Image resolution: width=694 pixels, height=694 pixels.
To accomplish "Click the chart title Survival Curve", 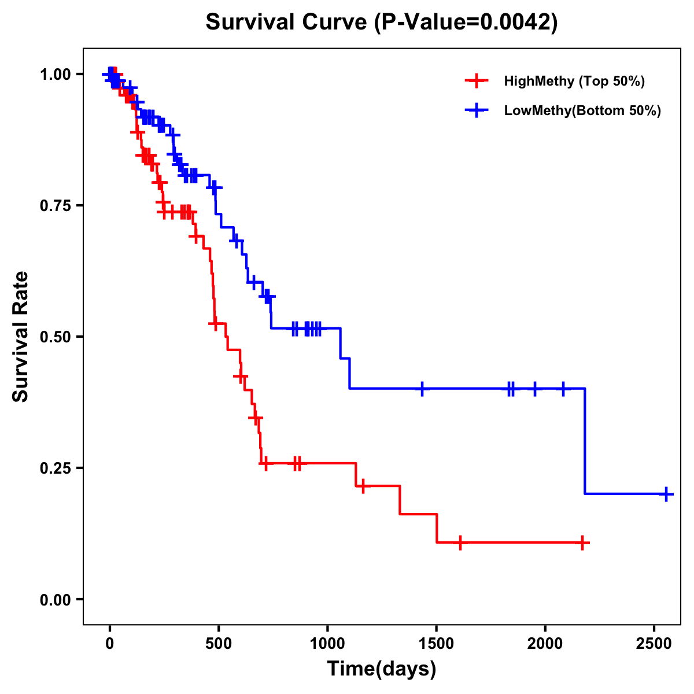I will coord(286,23).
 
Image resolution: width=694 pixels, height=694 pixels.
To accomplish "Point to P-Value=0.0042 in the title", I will coord(466,23).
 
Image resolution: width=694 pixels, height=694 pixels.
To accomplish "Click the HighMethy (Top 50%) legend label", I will coord(574,81).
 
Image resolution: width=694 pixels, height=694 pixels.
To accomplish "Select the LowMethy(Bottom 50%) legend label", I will coord(582,111).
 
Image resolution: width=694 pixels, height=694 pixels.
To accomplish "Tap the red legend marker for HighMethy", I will coord(476,81).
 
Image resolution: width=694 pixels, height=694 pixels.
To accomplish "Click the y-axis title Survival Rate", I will coord(21,336).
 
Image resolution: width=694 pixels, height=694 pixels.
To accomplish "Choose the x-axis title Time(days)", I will coord(382,669).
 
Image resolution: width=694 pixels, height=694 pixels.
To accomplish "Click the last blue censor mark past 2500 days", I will coord(666,494).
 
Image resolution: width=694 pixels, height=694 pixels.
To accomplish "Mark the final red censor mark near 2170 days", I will coord(582,542).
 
